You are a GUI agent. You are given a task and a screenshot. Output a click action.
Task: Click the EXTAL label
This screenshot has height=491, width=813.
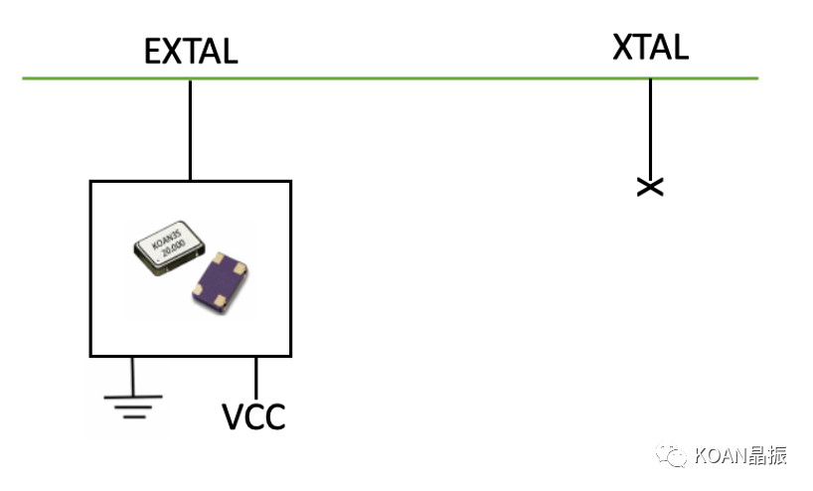tap(191, 51)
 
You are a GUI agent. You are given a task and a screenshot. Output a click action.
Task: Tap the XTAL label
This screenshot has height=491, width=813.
tap(650, 47)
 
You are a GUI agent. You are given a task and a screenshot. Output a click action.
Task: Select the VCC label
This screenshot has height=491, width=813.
tap(253, 416)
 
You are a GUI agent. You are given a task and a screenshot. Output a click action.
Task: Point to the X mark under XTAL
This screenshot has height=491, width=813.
tap(650, 186)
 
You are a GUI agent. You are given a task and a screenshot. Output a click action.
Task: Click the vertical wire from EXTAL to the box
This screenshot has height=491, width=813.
tap(190, 129)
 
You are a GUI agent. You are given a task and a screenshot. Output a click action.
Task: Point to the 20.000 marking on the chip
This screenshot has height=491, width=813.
tap(175, 249)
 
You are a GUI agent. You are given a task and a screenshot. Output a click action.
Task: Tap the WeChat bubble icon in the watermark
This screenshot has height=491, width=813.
tap(677, 456)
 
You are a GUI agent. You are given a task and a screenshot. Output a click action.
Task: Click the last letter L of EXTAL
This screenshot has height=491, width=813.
tap(229, 51)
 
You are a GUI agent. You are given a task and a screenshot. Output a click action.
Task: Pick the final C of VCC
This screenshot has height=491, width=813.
tap(275, 416)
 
